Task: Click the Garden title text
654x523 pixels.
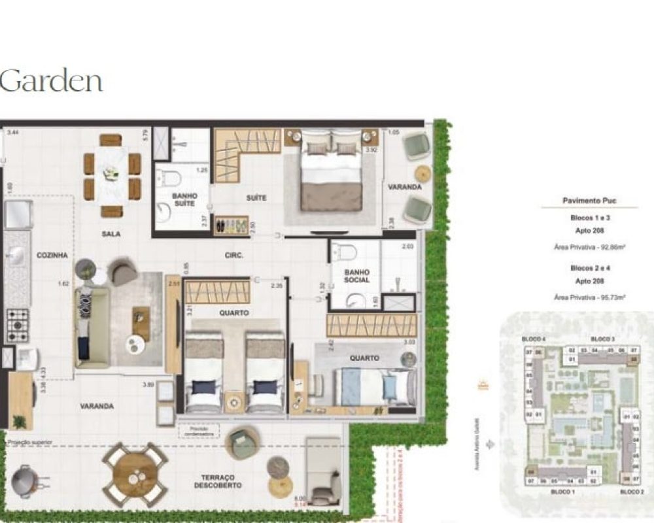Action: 51,81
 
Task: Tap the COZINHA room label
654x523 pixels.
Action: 52,256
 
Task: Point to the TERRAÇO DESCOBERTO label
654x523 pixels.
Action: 218,481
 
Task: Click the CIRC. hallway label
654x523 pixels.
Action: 234,256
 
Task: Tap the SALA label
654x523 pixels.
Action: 111,233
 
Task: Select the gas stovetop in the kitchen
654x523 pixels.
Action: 18,325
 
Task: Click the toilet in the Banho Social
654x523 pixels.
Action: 343,252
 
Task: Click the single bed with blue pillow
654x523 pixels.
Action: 375,386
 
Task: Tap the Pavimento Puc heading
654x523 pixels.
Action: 589,201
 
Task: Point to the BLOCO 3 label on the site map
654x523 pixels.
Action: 602,339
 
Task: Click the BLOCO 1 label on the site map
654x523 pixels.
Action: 562,491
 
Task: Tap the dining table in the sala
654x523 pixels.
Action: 112,175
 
